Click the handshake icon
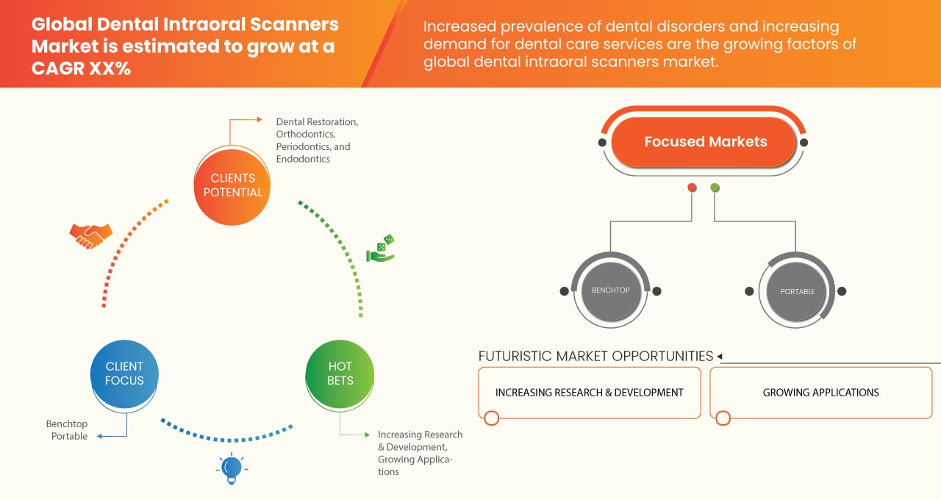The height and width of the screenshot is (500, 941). pyautogui.click(x=90, y=235)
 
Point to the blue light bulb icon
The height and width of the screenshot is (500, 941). pyautogui.click(x=232, y=468)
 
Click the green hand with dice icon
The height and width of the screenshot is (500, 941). pyautogui.click(x=381, y=249)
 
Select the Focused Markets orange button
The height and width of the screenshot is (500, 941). pyautogui.click(x=705, y=142)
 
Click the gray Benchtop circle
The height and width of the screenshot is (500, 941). pyautogui.click(x=611, y=290)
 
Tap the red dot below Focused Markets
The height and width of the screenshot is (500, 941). pyautogui.click(x=692, y=188)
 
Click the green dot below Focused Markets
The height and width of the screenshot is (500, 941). pyautogui.click(x=715, y=188)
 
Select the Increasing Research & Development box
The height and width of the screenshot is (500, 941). pyautogui.click(x=589, y=393)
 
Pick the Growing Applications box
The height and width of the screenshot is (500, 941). pyautogui.click(x=820, y=393)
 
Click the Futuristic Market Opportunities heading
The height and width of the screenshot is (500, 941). pyautogui.click(x=595, y=356)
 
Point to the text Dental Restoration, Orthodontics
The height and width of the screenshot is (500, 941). pyautogui.click(x=317, y=128)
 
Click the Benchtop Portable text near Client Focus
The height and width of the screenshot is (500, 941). pyautogui.click(x=67, y=430)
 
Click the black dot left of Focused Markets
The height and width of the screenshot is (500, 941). pyautogui.click(x=603, y=142)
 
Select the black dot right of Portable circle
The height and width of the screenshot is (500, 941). pyautogui.click(x=842, y=291)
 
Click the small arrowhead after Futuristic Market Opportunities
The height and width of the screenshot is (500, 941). pyautogui.click(x=720, y=357)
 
